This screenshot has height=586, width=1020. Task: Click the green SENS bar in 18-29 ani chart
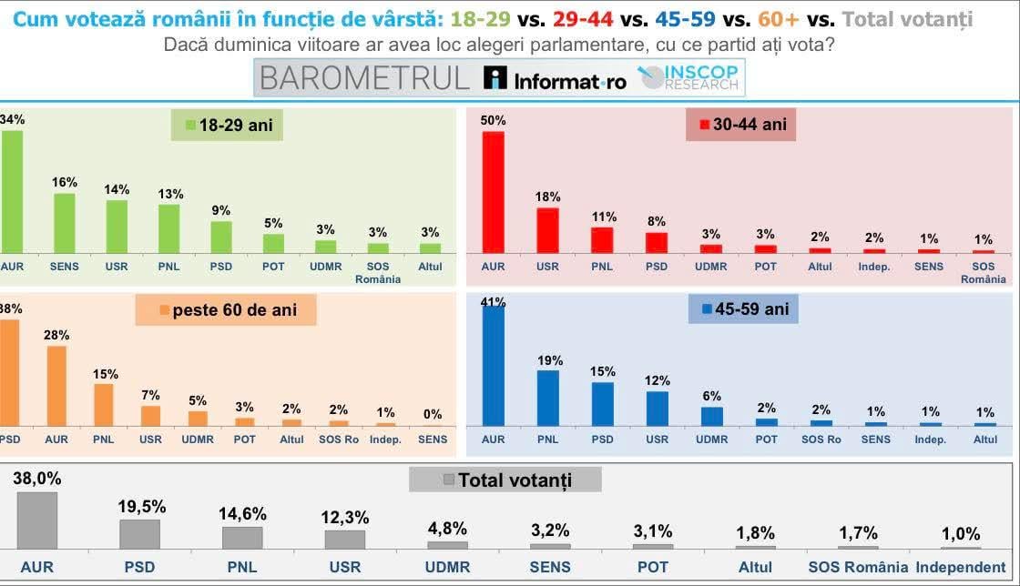(64, 223)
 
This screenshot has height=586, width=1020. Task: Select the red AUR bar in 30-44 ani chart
(493, 192)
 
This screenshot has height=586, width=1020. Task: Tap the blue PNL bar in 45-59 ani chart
(547, 398)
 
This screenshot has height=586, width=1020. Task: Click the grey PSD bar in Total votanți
(139, 534)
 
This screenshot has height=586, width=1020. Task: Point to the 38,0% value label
(37, 479)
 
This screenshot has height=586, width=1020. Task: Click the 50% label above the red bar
(493, 120)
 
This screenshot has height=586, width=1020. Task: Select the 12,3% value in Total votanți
(344, 517)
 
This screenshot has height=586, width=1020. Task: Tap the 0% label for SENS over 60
(433, 414)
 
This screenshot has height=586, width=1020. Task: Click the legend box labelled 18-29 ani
(228, 126)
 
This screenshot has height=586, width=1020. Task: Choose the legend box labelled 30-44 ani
(741, 125)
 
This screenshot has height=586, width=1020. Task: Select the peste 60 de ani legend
(226, 309)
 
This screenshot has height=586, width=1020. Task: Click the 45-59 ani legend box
(743, 309)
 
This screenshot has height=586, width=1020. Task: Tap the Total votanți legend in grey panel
(505, 480)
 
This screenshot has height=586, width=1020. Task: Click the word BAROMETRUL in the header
(364, 78)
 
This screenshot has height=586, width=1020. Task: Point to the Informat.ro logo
(556, 79)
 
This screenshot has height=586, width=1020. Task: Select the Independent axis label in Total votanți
(961, 567)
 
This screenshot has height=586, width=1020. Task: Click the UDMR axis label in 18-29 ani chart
(326, 267)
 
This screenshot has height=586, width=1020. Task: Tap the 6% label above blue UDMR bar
(711, 396)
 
